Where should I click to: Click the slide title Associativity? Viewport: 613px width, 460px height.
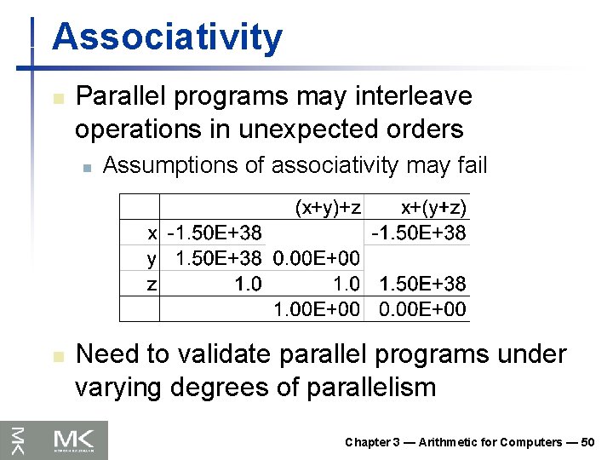(167, 38)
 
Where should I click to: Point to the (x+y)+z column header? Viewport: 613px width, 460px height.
(329, 207)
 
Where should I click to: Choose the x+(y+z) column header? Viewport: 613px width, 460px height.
(433, 207)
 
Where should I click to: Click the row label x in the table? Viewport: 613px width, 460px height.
(152, 232)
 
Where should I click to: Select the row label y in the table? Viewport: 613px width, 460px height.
(152, 257)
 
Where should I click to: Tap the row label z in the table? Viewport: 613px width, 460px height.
(152, 283)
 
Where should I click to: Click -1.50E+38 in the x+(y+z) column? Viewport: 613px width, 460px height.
(418, 232)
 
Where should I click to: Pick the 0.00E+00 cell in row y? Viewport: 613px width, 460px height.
(315, 257)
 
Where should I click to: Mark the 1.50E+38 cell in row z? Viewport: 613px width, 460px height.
(423, 283)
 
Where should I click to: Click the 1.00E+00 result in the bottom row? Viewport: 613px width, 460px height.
(315, 308)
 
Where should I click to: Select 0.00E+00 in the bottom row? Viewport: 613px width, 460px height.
(423, 308)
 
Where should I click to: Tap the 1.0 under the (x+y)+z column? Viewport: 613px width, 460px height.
(344, 283)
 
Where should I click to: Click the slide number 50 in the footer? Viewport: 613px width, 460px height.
(587, 442)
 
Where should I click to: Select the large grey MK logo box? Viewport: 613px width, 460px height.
(80, 440)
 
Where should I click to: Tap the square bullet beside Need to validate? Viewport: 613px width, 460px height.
(57, 355)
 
